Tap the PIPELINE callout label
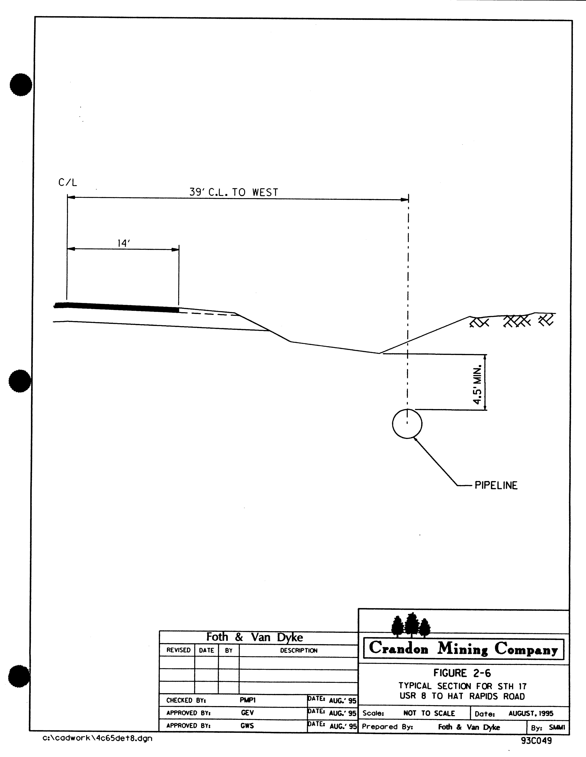click(496, 485)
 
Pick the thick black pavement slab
click(117, 307)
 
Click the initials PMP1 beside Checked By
click(247, 700)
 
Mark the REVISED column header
click(178, 650)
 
